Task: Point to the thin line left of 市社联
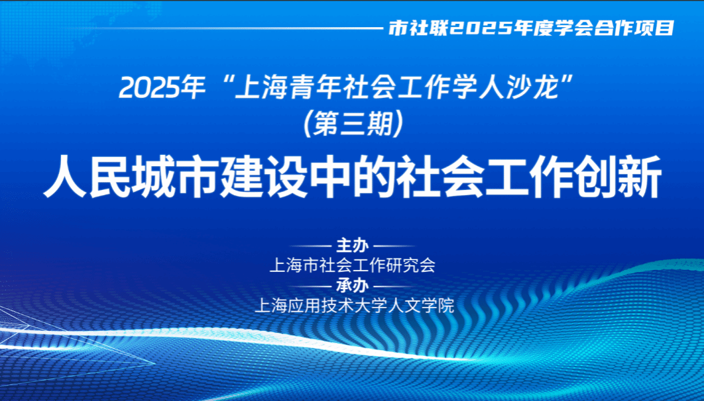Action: [x=239, y=28]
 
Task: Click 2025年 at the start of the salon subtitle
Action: [x=161, y=88]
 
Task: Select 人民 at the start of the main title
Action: [x=87, y=177]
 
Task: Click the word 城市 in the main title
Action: [x=176, y=177]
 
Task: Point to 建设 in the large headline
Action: [x=264, y=177]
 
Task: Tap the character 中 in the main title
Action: [x=330, y=177]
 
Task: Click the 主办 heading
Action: [x=353, y=245]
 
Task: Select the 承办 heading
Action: [x=353, y=285]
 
